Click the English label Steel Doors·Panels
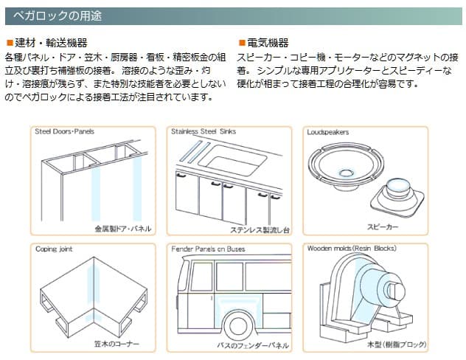[x=65, y=132]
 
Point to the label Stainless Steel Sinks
[x=204, y=132]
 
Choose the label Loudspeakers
[x=328, y=132]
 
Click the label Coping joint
[x=55, y=249]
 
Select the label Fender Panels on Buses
[x=207, y=249]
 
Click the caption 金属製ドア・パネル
[x=122, y=229]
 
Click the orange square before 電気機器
[x=241, y=43]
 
